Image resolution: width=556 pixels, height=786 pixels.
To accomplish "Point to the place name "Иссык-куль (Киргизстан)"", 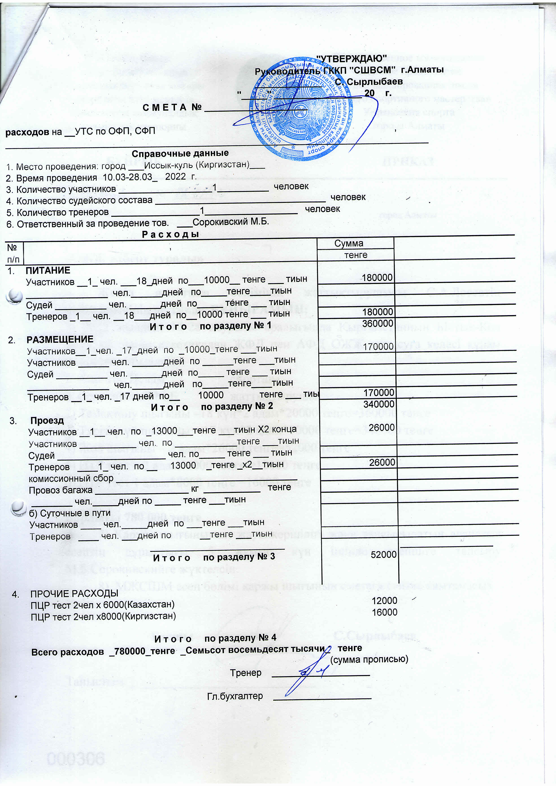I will pyautogui.click(x=197, y=165).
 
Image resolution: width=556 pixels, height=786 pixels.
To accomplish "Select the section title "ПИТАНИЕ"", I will pyautogui.click(x=48, y=271).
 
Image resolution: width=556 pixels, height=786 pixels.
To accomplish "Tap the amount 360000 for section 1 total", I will pyautogui.click(x=378, y=323).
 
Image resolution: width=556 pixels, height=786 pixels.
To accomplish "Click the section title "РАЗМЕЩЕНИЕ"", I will pyautogui.click(x=60, y=339).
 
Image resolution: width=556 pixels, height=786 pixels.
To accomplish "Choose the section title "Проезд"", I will pyautogui.click(x=47, y=420).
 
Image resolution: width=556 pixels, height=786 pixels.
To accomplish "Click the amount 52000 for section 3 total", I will pyautogui.click(x=383, y=554).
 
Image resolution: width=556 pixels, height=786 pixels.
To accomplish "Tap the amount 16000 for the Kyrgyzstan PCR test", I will pyautogui.click(x=384, y=613).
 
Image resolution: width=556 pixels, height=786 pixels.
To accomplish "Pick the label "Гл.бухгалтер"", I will pyautogui.click(x=235, y=696).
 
